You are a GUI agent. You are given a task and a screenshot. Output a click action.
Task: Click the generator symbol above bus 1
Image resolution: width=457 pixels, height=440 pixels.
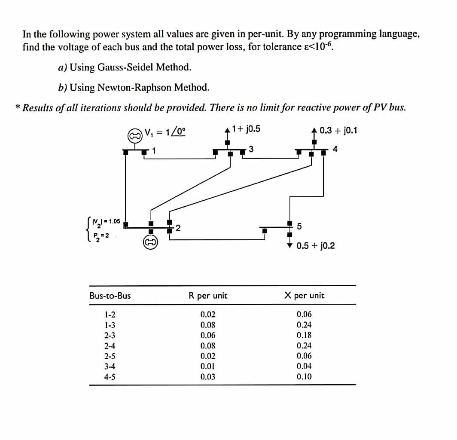[135, 135]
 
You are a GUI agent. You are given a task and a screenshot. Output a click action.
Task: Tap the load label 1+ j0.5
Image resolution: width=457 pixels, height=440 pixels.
[246, 129]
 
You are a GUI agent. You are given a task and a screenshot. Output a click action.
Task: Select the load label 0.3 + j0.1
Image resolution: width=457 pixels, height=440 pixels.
[338, 130]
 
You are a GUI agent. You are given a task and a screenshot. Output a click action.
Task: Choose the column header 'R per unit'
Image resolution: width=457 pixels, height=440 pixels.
[208, 296]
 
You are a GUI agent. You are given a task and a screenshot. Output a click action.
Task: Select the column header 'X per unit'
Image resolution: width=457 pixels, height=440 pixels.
[304, 296]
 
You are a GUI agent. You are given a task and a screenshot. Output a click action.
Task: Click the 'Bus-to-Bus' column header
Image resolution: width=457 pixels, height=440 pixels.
[110, 296]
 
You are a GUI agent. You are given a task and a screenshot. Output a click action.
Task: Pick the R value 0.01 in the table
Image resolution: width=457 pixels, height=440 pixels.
[208, 367]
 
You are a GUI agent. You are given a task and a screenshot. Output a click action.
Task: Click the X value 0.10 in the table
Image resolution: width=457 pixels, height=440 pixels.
[304, 377]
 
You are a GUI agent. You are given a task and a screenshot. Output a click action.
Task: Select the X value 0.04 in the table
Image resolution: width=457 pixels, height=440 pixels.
[304, 367]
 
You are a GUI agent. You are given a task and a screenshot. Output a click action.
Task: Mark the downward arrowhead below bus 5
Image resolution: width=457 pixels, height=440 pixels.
[290, 245]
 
